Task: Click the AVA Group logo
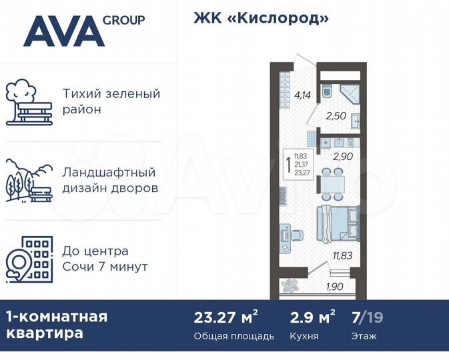coord(83,31)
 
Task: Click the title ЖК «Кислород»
coord(261,19)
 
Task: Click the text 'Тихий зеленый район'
coord(111,101)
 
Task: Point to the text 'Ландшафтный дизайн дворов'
coord(110,180)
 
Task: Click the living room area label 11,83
coord(341,253)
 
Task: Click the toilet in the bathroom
coord(327,91)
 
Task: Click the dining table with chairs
coord(332,181)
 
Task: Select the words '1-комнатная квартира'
coord(57,325)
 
